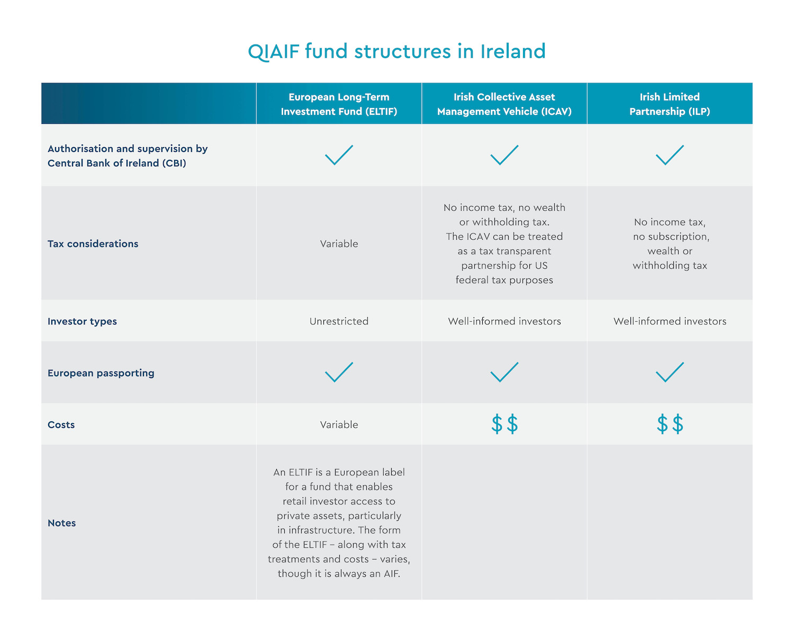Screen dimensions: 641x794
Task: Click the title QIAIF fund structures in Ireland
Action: [x=396, y=51]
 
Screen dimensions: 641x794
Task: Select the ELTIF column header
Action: [x=339, y=104]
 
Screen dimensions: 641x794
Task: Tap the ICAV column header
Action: [x=504, y=104]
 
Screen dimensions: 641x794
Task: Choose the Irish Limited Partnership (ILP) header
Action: [x=670, y=104]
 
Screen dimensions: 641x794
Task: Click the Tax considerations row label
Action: [x=93, y=244]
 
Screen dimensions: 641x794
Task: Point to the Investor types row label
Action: [x=82, y=321]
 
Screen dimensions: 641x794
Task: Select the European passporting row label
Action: [x=101, y=373]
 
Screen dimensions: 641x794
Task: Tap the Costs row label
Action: [x=61, y=425]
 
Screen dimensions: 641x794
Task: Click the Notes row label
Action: [x=61, y=523]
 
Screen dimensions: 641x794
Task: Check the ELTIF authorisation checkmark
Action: [x=339, y=155]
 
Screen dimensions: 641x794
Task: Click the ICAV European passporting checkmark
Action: [x=504, y=372]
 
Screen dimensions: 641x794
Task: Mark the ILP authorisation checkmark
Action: [x=670, y=155]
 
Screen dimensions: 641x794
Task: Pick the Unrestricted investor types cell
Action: [x=339, y=321]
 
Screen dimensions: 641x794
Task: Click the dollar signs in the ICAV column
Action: [x=504, y=425]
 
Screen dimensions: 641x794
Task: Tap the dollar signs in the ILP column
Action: [x=670, y=425]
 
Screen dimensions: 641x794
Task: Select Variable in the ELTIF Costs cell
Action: [x=339, y=425]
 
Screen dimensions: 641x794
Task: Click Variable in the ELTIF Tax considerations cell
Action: [x=339, y=244]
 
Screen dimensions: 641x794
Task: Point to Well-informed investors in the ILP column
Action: [x=670, y=321]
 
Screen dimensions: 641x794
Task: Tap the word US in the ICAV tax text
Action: [x=541, y=266]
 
